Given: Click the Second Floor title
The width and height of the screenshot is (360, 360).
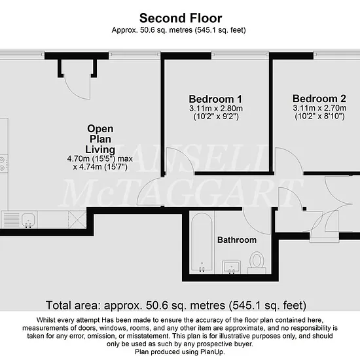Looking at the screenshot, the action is pos(181,18).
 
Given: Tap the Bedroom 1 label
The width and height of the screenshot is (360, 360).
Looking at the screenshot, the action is pos(215,99).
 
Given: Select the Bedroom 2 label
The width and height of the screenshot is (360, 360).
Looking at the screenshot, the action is pos(319,99).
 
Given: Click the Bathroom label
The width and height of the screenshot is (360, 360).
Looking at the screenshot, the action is pos(237,240).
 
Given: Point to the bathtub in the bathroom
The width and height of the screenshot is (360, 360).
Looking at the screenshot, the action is pos(202,242).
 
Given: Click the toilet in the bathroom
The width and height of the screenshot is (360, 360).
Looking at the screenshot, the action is pos(257,262).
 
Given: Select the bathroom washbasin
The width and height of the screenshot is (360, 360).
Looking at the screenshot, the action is pos(232,267).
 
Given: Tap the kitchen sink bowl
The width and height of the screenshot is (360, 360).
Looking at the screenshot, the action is pos(28,220).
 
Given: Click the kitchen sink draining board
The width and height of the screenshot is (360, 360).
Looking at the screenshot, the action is pos(10,220).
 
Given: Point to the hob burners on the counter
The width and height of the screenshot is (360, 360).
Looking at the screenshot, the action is pos(3,164).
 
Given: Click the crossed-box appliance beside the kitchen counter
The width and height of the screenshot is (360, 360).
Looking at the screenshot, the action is pos(77,220).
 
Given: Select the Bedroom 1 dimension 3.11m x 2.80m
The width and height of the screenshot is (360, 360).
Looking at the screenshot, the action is pos(216,109).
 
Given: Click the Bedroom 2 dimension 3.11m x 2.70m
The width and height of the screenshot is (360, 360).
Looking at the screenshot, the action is pos(319,108).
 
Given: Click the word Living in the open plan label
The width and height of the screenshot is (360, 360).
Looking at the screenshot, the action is pos(100,149).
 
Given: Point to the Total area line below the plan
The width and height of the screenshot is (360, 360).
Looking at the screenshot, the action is pos(176,306).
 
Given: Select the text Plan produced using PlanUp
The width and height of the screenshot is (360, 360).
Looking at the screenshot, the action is pos(180,351).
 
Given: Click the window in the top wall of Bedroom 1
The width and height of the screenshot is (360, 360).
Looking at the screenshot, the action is pos(240,54).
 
